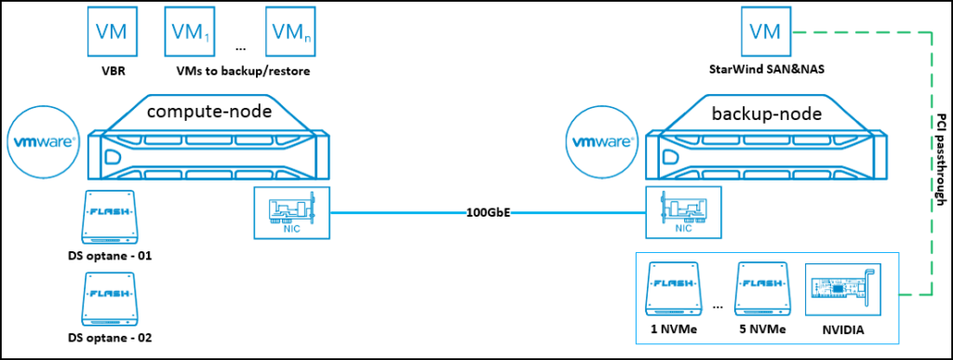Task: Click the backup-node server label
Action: (755, 114)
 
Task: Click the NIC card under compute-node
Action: (290, 214)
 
